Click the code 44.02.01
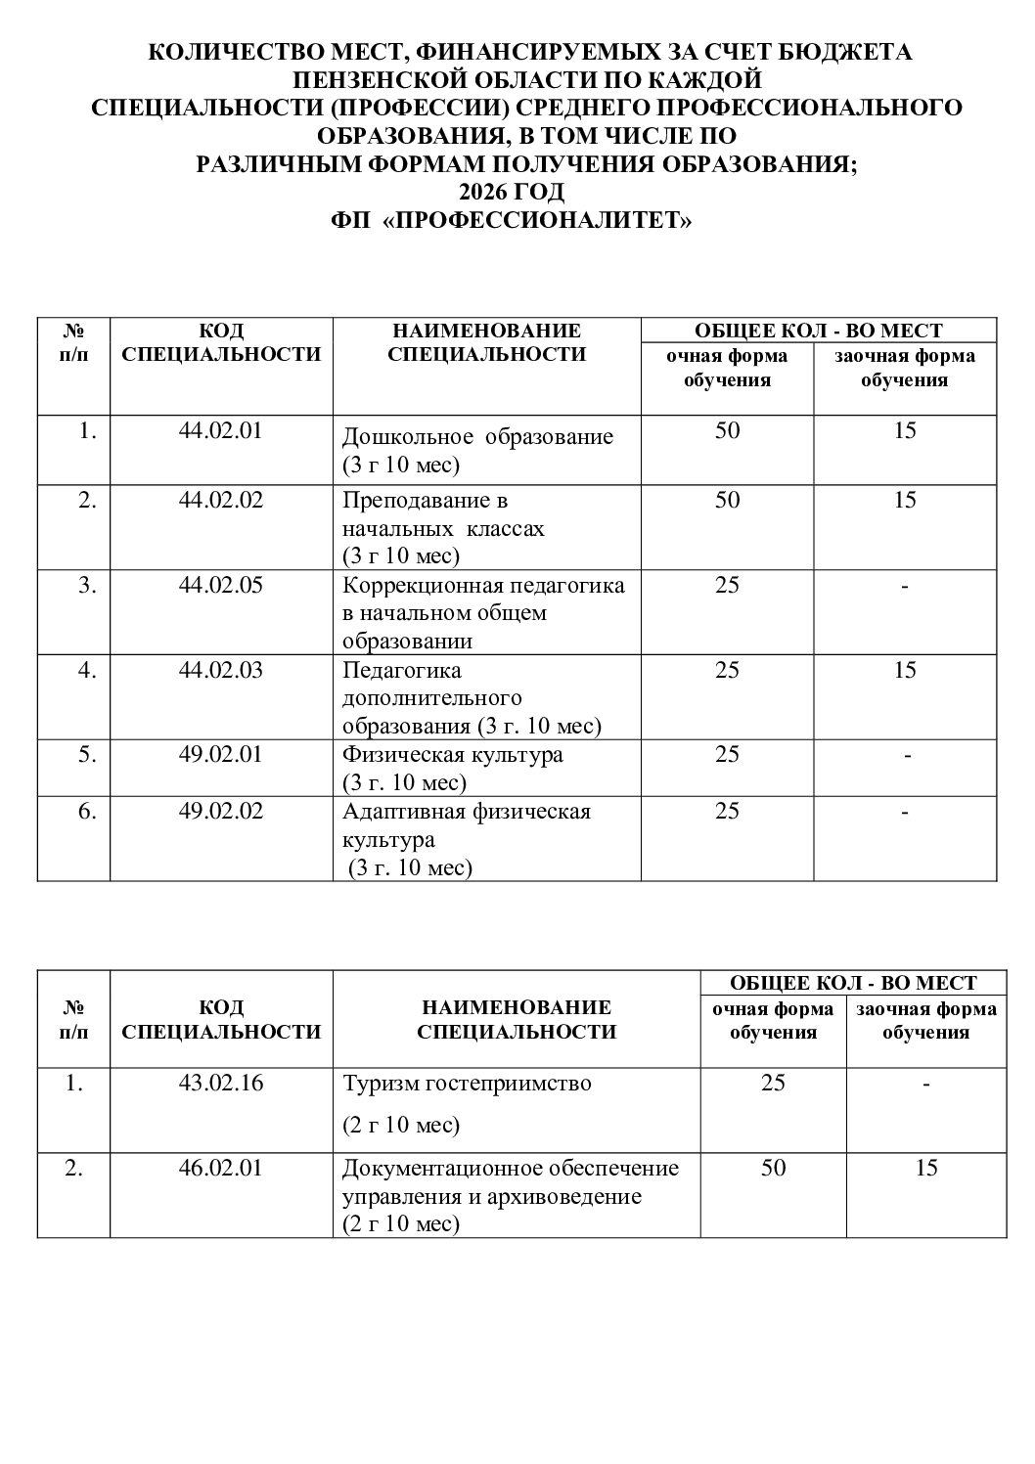pyautogui.click(x=221, y=430)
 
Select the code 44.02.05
pyautogui.click(x=221, y=585)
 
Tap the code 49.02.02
pyautogui.click(x=221, y=811)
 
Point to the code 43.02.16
pyautogui.click(x=221, y=1084)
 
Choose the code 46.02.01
pyautogui.click(x=221, y=1168)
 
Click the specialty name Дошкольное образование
pyautogui.click(x=477, y=436)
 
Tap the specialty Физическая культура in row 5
pyautogui.click(x=452, y=755)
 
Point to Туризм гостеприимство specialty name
pyautogui.click(x=467, y=1084)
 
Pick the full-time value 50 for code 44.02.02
pyautogui.click(x=727, y=501)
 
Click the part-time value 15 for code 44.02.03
pyautogui.click(x=905, y=670)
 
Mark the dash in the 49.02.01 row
pyautogui.click(x=906, y=755)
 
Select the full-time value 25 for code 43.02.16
pyautogui.click(x=773, y=1084)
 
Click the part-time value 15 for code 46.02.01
pyautogui.click(x=924, y=1168)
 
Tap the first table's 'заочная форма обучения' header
pyautogui.click(x=905, y=368)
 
